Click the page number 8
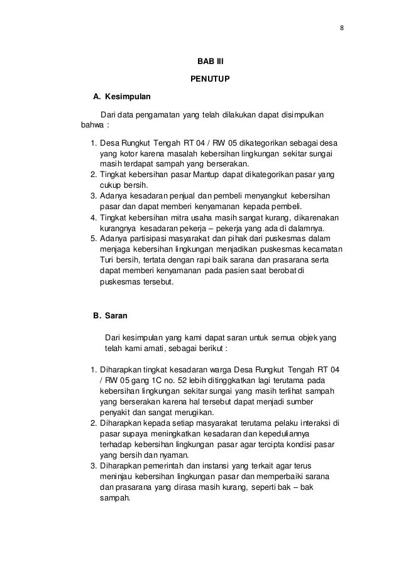click(342, 27)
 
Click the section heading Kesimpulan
click(128, 97)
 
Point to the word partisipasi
click(146, 239)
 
